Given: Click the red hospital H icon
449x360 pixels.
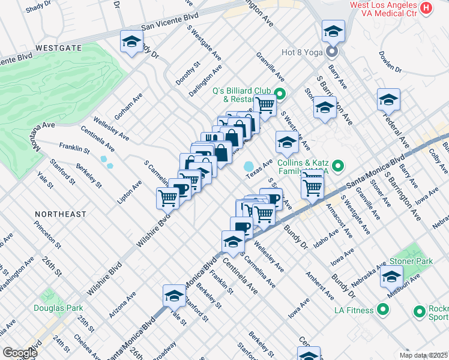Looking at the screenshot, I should [426, 8].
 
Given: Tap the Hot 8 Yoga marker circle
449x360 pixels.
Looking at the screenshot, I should [332, 52].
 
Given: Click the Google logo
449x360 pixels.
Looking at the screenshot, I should [20, 353].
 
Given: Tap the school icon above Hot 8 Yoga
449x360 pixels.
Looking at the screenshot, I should [333, 31].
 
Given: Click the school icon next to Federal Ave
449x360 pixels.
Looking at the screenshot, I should [388, 100].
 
